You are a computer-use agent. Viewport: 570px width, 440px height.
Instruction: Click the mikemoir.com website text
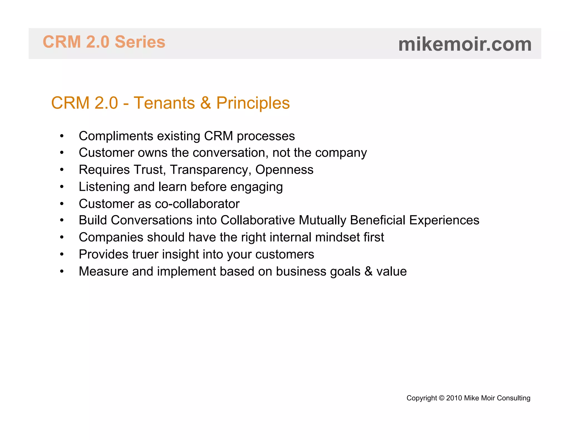(465, 45)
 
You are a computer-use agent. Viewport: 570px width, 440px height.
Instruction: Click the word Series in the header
(140, 42)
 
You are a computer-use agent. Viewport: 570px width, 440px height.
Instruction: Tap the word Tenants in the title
(164, 103)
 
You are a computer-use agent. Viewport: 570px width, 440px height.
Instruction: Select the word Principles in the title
(253, 103)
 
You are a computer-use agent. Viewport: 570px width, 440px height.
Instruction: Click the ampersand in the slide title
(205, 103)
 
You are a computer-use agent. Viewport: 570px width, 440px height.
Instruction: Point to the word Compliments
(116, 136)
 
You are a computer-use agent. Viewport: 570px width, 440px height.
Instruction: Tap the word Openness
(284, 170)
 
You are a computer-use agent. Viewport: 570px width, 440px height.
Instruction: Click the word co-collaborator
(197, 204)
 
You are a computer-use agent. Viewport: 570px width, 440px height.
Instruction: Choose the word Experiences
(444, 220)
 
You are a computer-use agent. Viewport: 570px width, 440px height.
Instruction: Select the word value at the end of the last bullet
(391, 271)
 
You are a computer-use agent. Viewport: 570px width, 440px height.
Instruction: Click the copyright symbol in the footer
(441, 398)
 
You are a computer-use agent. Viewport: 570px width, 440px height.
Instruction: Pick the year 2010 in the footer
(454, 398)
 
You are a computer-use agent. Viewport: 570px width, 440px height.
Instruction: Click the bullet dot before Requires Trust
(62, 170)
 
